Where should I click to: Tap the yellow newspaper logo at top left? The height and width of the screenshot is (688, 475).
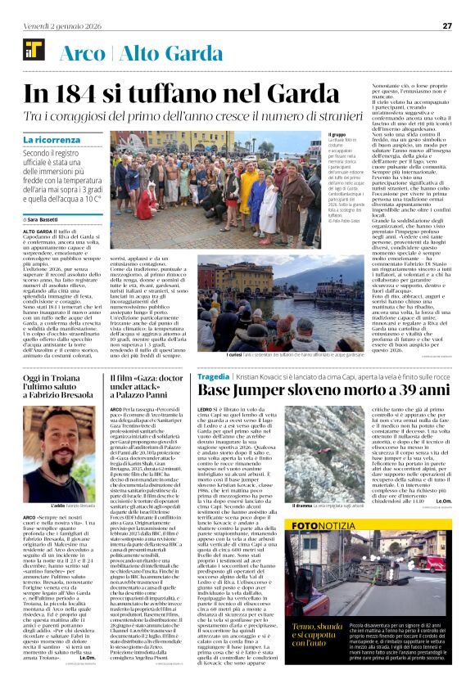click(34, 50)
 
